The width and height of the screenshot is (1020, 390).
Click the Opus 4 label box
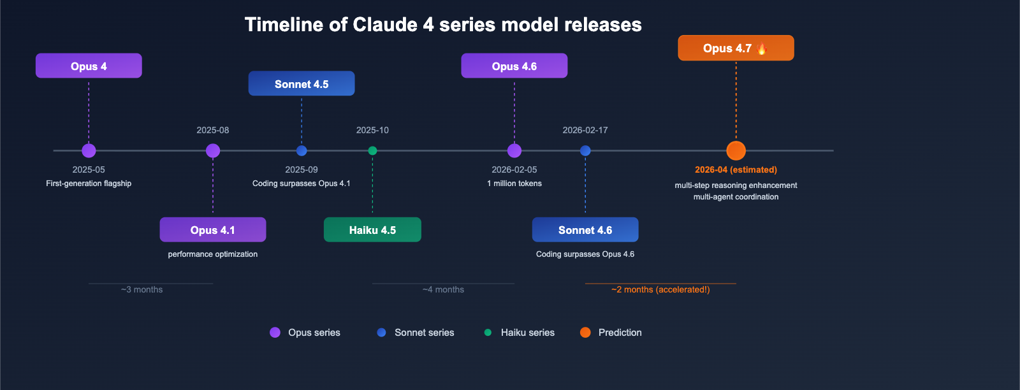(89, 66)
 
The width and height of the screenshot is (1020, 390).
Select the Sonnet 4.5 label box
(301, 83)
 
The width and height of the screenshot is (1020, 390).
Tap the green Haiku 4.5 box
(372, 229)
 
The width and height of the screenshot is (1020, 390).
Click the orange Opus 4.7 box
(735, 48)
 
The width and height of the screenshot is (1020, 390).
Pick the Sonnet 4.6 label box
(585, 229)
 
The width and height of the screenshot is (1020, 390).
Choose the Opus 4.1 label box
(212, 229)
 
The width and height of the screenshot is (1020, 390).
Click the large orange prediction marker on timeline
(736, 151)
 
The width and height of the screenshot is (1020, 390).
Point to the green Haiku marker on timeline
(372, 151)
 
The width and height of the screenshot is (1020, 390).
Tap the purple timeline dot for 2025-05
(89, 151)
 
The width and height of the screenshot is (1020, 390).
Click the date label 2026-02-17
(585, 130)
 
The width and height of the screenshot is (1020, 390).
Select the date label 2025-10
(372, 130)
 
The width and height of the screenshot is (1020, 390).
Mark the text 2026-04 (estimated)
(736, 170)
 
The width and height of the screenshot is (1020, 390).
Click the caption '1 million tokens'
(514, 184)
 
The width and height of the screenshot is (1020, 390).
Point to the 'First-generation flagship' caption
(89, 184)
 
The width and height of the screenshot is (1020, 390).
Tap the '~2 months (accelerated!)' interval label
(660, 289)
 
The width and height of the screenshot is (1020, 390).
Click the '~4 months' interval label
(443, 289)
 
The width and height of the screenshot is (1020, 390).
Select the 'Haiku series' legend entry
(519, 333)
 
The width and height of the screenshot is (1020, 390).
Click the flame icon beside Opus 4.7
(761, 48)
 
